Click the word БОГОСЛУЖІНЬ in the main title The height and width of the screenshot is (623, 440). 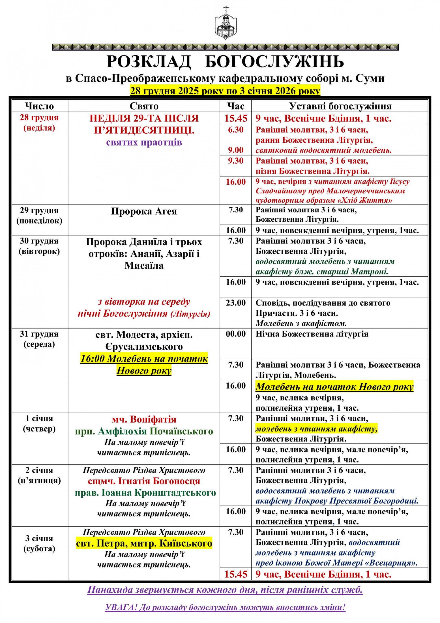pos(274,62)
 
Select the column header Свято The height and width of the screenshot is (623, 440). pos(144,106)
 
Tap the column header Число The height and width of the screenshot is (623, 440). pos(40,106)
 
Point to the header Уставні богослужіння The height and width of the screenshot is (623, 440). pos(340,106)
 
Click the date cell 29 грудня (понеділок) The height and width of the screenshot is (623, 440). pos(39,216)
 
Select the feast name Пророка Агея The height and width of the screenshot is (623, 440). pos(144,211)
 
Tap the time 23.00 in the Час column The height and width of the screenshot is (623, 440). pos(236,303)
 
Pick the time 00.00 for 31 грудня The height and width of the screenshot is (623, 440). pos(236,334)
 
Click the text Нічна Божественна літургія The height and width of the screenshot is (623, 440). pos(312,334)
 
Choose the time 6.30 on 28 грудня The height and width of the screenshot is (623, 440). pos(236,130)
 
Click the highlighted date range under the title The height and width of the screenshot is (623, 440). pos(225,91)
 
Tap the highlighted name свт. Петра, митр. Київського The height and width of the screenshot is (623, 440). pos(144,543)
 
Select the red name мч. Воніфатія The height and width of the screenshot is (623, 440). pos(144,419)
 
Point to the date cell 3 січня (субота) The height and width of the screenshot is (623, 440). pos(39,543)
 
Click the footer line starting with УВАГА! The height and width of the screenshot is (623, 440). pos(225,607)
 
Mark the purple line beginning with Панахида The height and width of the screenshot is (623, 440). pos(225,590)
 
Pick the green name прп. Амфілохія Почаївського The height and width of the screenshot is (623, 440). pos(144,431)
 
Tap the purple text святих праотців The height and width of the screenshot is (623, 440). pos(144,142)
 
